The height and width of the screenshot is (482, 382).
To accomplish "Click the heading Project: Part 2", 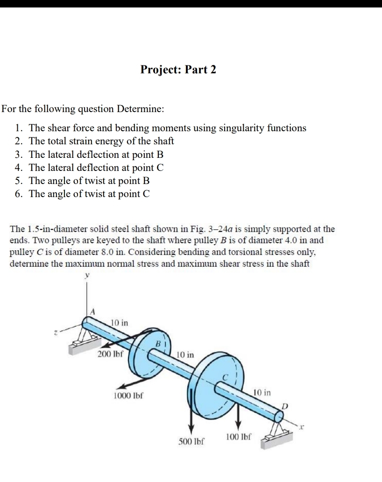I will [x=178, y=70].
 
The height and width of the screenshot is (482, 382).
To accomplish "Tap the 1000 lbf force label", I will [x=128, y=396].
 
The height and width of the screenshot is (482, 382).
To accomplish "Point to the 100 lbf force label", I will [x=238, y=437].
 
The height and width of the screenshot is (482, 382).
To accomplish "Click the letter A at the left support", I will [x=92, y=312].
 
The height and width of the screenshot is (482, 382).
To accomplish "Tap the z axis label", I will [x=55, y=333].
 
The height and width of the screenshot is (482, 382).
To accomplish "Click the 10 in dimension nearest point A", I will [x=120, y=322].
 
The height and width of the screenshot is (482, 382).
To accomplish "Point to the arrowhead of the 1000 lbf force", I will [x=120, y=386].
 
